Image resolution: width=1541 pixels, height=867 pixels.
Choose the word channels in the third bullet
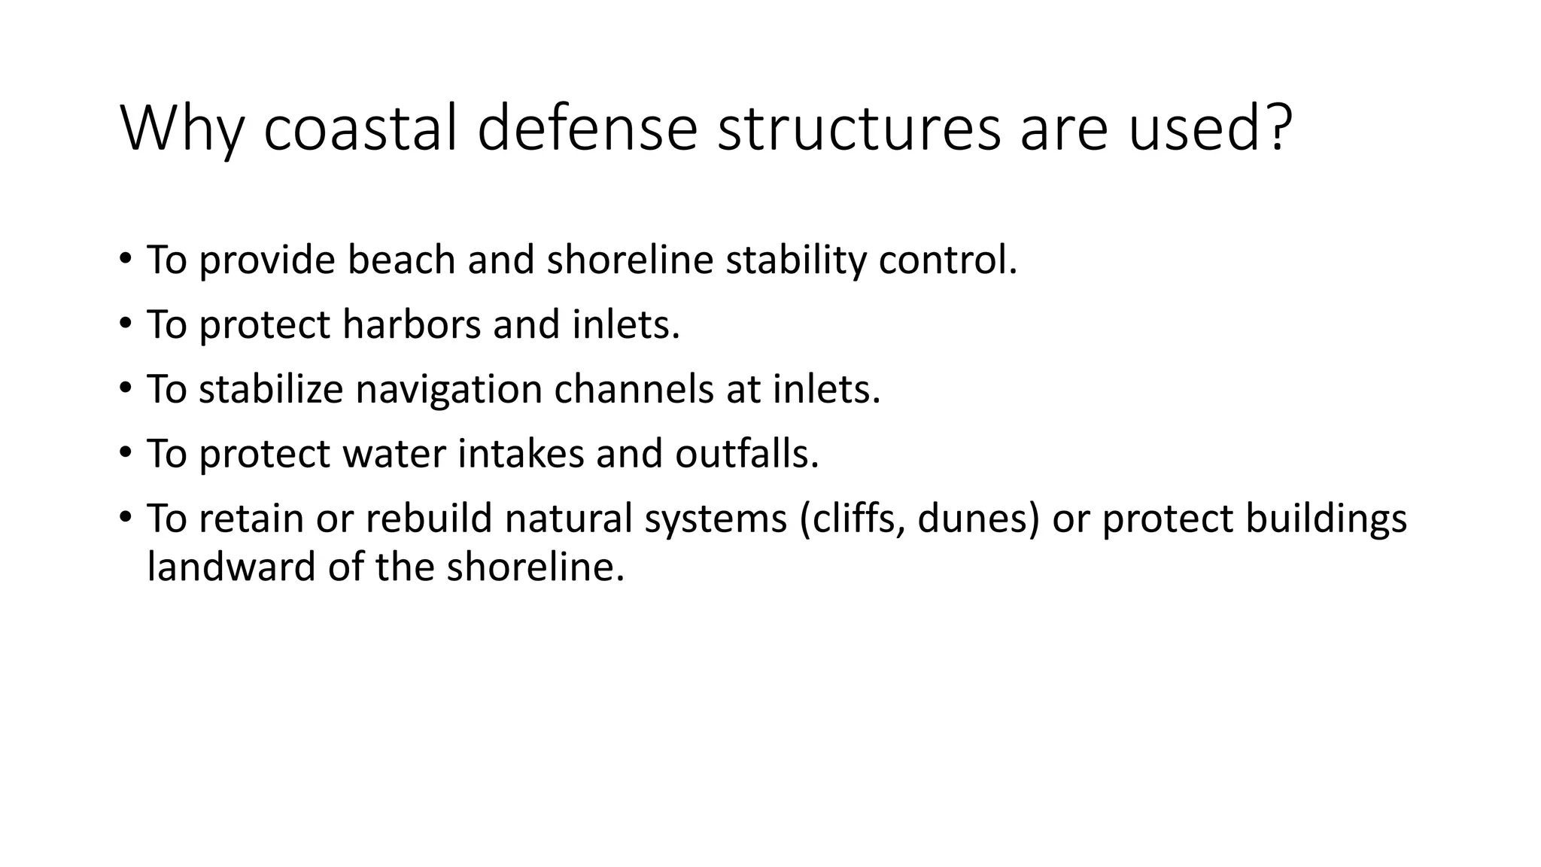pyautogui.click(x=634, y=389)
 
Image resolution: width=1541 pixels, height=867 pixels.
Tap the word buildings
pyautogui.click(x=1326, y=519)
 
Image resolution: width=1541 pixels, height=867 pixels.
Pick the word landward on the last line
pyautogui.click(x=231, y=567)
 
